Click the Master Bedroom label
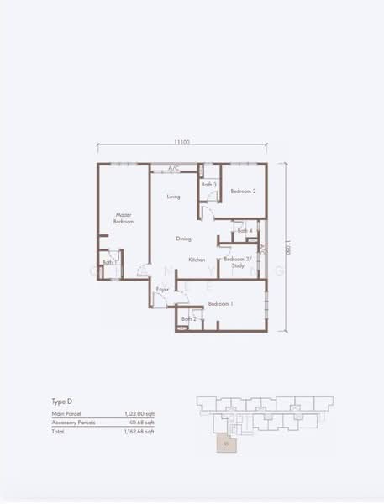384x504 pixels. pyautogui.click(x=124, y=218)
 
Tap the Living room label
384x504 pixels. pyautogui.click(x=173, y=197)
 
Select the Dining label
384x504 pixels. pyautogui.click(x=183, y=239)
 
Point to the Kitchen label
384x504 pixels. pyautogui.click(x=197, y=260)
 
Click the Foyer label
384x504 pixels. pyautogui.click(x=162, y=290)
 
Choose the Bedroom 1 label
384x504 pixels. pyautogui.click(x=220, y=303)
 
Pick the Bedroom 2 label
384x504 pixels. pyautogui.click(x=243, y=192)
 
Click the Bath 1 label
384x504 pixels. pyautogui.click(x=108, y=263)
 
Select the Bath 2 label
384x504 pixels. pyautogui.click(x=189, y=319)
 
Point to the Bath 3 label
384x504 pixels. pyautogui.click(x=209, y=185)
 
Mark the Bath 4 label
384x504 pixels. pyautogui.click(x=245, y=231)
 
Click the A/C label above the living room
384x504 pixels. pyautogui.click(x=173, y=169)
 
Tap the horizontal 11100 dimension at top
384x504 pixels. pyautogui.click(x=181, y=143)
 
